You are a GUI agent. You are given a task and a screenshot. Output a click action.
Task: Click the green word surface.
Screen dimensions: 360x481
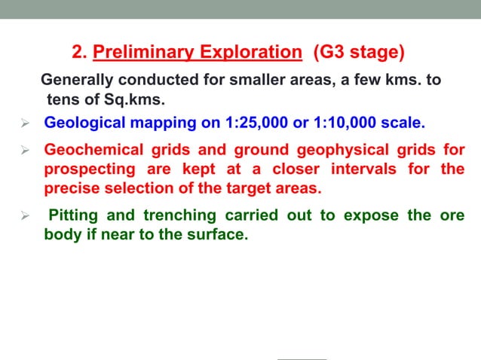pyautogui.click(x=218, y=234)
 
